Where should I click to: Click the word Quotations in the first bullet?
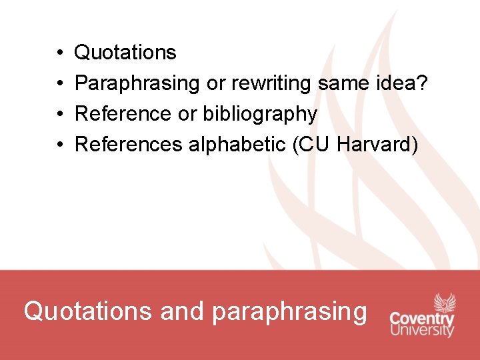125,52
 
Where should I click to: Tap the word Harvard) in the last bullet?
378,145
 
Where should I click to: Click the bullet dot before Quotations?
59,53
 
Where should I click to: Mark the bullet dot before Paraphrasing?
59,83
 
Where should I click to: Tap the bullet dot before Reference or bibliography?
59,114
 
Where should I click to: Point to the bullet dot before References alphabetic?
59,145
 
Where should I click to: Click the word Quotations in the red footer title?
87,311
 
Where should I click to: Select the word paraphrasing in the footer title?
289,311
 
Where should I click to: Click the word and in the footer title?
182,311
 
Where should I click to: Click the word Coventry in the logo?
422,319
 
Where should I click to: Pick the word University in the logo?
422,330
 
